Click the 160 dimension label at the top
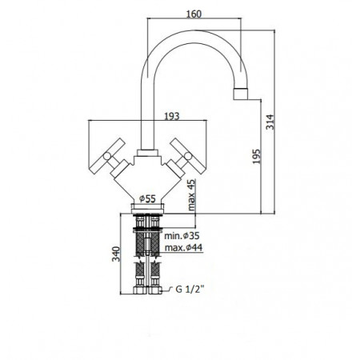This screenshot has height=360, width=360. (194, 14)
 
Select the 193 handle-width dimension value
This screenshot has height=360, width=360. (172, 116)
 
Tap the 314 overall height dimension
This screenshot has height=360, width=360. (270, 122)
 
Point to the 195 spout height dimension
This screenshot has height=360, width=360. (256, 156)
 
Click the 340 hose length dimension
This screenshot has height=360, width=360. (116, 254)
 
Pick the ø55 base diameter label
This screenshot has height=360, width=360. (147, 198)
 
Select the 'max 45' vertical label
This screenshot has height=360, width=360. (191, 195)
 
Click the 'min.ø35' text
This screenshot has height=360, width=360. (182, 236)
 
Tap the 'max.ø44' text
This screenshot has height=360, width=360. (184, 248)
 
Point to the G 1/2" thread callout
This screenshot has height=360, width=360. (190, 289)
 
